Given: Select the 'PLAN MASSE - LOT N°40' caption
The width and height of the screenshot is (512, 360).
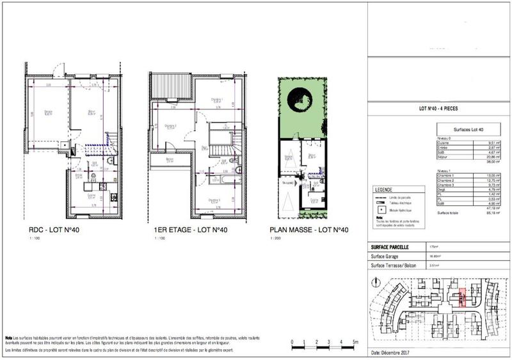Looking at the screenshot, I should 309,230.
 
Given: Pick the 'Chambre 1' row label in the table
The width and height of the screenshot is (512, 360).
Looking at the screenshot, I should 444,175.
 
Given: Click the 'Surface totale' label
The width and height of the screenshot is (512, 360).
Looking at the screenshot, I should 446,212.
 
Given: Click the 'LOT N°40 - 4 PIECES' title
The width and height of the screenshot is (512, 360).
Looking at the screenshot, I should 438,109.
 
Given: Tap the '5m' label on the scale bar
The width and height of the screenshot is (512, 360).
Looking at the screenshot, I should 354,343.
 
